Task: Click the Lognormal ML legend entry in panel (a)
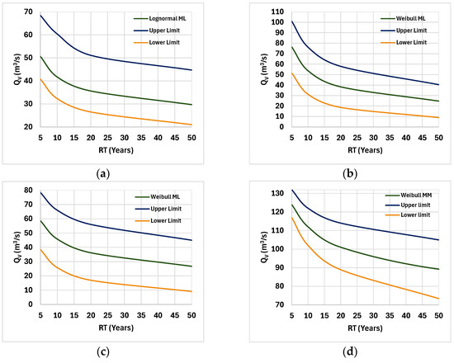160,18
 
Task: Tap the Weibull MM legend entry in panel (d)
409,196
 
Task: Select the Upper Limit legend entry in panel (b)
404,31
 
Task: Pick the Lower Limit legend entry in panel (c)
158,220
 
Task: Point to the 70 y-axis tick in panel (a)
29,12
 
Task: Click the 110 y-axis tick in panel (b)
277,12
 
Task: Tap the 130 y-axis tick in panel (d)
277,193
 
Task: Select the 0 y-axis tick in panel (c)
31,304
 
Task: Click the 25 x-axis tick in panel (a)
107,138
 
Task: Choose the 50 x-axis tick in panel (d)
439,315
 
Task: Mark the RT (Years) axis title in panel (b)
365,150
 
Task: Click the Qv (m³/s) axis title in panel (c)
17,247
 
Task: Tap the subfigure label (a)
103,174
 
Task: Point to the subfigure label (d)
350,351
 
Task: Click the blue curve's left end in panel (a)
40,16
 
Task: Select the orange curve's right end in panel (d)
439,299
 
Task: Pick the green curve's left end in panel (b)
292,46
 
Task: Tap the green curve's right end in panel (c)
192,266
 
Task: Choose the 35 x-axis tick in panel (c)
141,315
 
